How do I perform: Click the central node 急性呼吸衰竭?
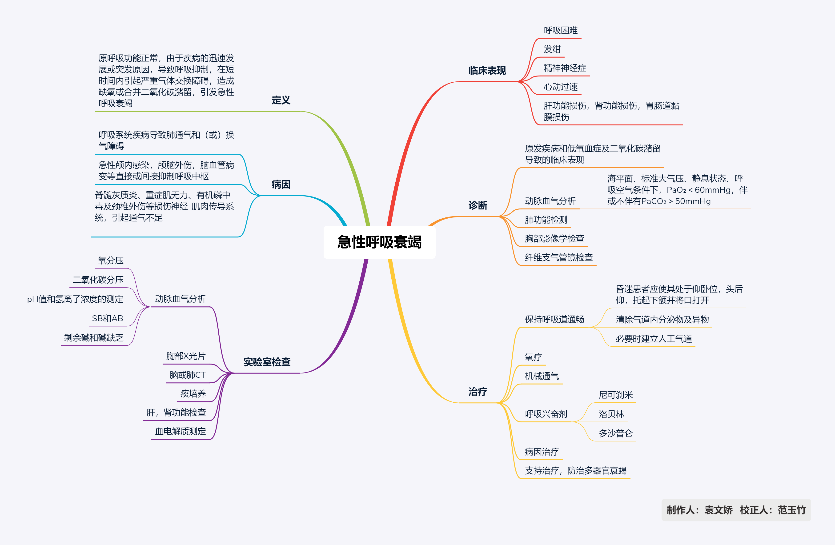[x=379, y=242]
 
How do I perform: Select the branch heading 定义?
[x=281, y=100]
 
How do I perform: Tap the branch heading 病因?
[x=281, y=184]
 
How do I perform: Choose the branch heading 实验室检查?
[x=267, y=362]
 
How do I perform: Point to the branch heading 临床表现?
[x=487, y=71]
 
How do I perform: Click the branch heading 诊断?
[x=478, y=205]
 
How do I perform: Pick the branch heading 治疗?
[x=478, y=392]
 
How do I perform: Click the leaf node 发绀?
[x=552, y=49]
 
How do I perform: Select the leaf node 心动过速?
[x=560, y=87]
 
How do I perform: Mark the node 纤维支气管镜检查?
[x=558, y=257]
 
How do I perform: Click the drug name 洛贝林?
[x=611, y=414]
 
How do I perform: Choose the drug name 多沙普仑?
[x=615, y=433]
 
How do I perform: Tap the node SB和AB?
[x=107, y=318]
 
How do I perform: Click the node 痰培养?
[x=193, y=393]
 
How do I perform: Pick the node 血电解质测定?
[x=180, y=431]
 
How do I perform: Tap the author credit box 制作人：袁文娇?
[x=699, y=510]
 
